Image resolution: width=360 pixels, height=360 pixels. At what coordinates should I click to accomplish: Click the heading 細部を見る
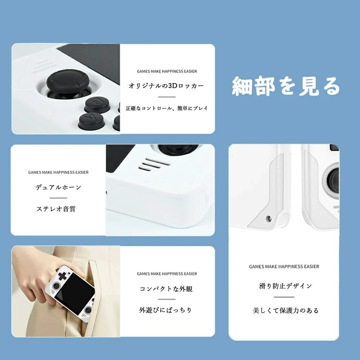(286, 86)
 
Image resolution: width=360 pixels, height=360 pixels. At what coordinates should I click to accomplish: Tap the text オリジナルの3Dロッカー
(166, 86)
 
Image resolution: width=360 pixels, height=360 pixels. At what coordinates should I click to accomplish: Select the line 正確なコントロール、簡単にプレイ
(167, 108)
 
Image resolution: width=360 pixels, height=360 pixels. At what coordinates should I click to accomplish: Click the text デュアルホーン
(58, 187)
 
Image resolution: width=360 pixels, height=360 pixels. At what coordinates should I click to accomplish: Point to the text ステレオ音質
(56, 209)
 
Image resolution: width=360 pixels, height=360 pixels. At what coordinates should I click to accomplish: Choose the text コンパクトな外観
(166, 289)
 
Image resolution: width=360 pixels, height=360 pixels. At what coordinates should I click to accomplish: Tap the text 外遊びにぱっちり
(165, 310)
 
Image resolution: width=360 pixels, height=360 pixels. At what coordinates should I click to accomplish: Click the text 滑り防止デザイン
(285, 286)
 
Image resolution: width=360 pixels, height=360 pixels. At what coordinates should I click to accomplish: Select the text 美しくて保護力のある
(285, 310)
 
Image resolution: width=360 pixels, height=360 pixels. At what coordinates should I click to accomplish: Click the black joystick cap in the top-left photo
(68, 81)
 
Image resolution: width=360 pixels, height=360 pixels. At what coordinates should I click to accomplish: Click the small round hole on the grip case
(268, 219)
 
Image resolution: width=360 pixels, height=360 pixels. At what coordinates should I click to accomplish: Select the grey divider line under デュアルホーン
(58, 198)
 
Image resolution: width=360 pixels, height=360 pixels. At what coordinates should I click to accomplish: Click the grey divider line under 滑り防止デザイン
(284, 297)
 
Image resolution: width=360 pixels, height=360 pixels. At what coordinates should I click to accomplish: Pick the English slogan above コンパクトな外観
(167, 274)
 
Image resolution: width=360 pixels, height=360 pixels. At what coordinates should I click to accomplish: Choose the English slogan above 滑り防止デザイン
(284, 266)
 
